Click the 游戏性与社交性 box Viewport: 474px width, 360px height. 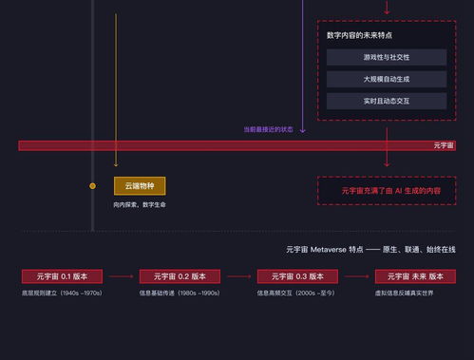pos(386,57)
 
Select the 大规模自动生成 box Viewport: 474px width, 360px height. pos(386,79)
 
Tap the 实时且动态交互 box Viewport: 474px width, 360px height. pos(386,101)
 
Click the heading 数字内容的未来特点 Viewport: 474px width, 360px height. pos(359,35)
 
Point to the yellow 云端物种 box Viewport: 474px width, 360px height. pos(140,186)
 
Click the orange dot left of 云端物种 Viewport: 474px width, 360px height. pos(92,186)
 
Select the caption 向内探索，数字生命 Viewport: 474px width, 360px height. pos(140,204)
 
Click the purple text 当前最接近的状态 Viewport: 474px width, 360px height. pos(268,129)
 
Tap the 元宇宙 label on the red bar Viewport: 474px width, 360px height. pos(444,145)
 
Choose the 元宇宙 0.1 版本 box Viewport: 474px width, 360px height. pos(62,275)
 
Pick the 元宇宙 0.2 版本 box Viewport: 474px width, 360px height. pos(180,275)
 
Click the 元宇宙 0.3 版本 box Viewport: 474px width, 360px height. pos(297,275)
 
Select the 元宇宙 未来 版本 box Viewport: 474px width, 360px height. pos(415,275)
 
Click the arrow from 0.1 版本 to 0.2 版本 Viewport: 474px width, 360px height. pos(121,276)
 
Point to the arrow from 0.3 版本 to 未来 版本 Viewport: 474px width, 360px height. pos(356,276)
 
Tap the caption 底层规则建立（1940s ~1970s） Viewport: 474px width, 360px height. pos(62,293)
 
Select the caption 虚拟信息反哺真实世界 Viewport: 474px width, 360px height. pos(404,293)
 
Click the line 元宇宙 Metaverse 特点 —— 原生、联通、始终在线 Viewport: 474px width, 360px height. pos(370,249)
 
